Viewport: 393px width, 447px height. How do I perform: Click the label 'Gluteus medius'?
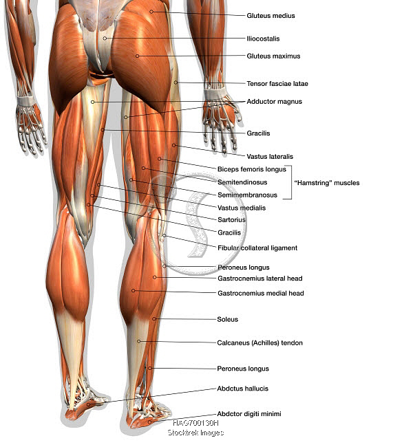pyautogui.click(x=270, y=16)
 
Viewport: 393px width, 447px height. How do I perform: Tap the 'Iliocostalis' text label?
pyautogui.click(x=263, y=39)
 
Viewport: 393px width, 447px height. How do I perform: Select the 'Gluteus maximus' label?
pyautogui.click(x=273, y=56)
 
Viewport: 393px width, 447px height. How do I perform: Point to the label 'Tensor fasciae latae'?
pyautogui.click(x=277, y=83)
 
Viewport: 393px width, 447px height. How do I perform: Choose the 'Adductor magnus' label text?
pyautogui.click(x=274, y=102)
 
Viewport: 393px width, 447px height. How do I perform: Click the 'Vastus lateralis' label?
pyautogui.click(x=270, y=157)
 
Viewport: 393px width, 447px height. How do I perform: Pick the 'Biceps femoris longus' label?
pyautogui.click(x=251, y=169)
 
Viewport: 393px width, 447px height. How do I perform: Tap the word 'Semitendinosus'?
pyautogui.click(x=242, y=182)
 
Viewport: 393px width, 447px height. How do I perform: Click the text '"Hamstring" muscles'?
pyautogui.click(x=327, y=183)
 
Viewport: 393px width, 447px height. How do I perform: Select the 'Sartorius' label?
pyautogui.click(x=231, y=220)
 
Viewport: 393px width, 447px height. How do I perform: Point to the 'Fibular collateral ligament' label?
pyautogui.click(x=257, y=248)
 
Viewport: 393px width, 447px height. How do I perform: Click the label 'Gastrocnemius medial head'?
pyautogui.click(x=261, y=294)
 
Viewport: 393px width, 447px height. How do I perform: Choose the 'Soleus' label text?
pyautogui.click(x=227, y=319)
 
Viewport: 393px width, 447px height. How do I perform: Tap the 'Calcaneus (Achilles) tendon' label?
pyautogui.click(x=259, y=343)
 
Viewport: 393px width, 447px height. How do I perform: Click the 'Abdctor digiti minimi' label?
pyautogui.click(x=249, y=413)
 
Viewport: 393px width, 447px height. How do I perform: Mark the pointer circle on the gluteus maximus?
pyautogui.click(x=137, y=56)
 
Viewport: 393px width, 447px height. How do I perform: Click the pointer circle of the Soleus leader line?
pyautogui.click(x=154, y=318)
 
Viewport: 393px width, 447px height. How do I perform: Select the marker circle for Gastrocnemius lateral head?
pyautogui.click(x=154, y=277)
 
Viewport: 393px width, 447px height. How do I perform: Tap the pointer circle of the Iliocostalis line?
pyautogui.click(x=105, y=39)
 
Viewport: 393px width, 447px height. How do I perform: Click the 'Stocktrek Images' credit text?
pyautogui.click(x=195, y=433)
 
